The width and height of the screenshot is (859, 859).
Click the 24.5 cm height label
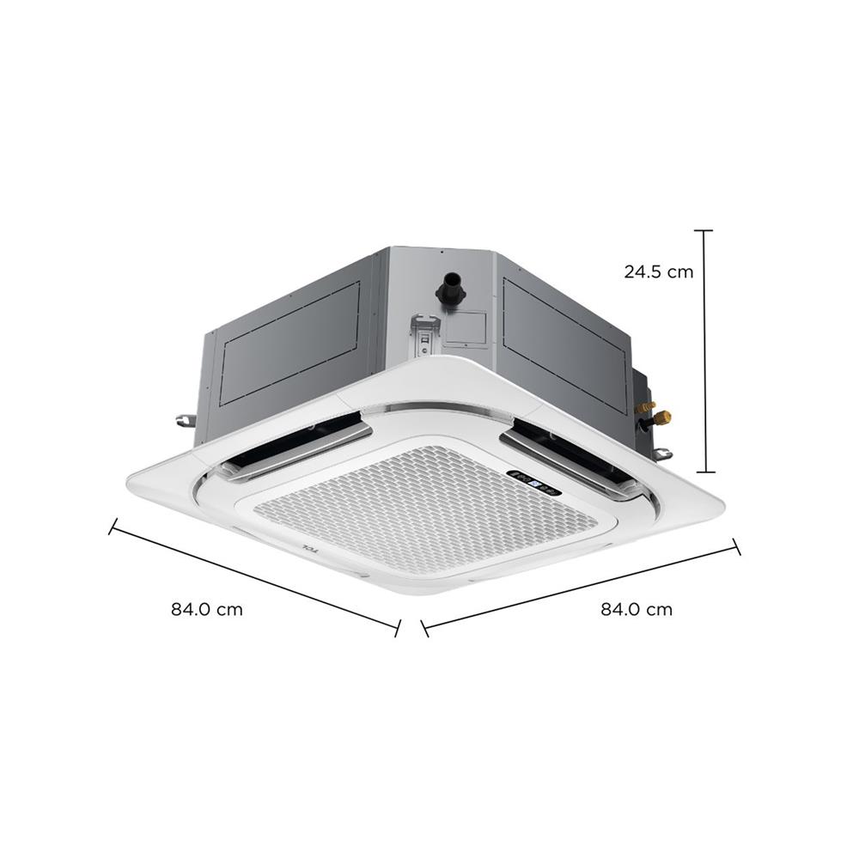[658, 272]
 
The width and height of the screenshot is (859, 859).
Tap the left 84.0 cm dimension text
[206, 610]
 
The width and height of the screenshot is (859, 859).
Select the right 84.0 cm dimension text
[637, 610]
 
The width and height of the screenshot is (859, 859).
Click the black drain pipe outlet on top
[449, 287]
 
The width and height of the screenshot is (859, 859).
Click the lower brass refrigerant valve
[661, 418]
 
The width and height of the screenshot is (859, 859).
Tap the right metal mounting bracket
[663, 454]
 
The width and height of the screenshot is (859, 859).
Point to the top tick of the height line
[704, 231]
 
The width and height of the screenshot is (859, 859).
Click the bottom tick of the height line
[704, 472]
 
